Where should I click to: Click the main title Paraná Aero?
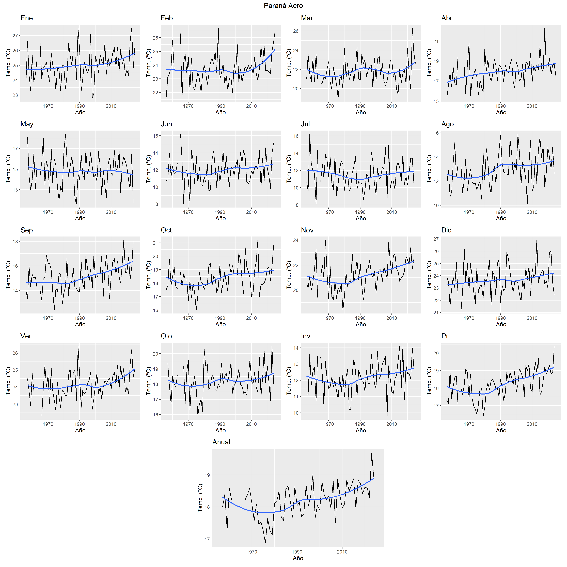(x=283, y=6)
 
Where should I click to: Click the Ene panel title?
(x=26, y=18)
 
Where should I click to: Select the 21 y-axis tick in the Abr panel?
(x=436, y=41)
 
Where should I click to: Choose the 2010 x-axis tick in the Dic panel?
(x=532, y=318)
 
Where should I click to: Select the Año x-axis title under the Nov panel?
(x=361, y=324)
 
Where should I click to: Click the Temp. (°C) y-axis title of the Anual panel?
(x=200, y=498)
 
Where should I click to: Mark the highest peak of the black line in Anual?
(x=372, y=453)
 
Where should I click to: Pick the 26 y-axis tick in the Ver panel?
(x=15, y=353)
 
